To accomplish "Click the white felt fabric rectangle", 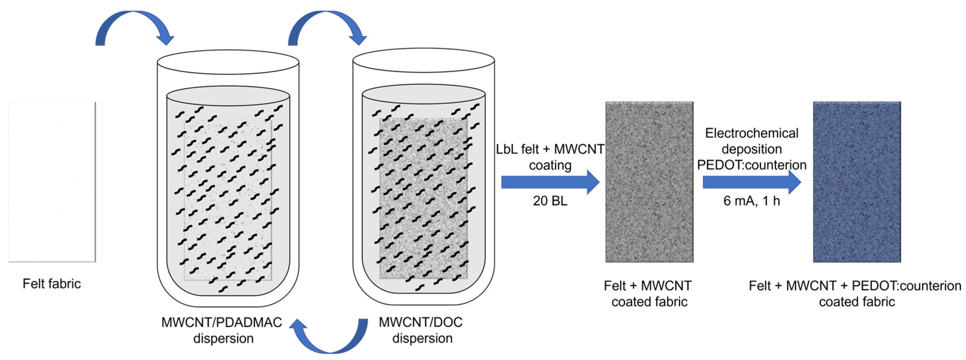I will pos(52,182).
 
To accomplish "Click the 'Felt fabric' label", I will pos(52,283).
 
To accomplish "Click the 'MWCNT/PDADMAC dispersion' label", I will pos(222,330).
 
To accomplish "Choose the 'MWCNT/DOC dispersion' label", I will pos(421,330).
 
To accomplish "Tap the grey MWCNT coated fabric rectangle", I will pos(649,182).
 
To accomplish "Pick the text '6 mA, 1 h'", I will pos(751,201).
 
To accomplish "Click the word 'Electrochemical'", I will pos(751,133).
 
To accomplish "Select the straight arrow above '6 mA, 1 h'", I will pos(751,182).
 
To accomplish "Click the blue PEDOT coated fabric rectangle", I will pos(857,182).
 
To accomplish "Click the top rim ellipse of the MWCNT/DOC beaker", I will pos(424,60).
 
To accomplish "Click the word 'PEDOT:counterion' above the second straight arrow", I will pos(751,165).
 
